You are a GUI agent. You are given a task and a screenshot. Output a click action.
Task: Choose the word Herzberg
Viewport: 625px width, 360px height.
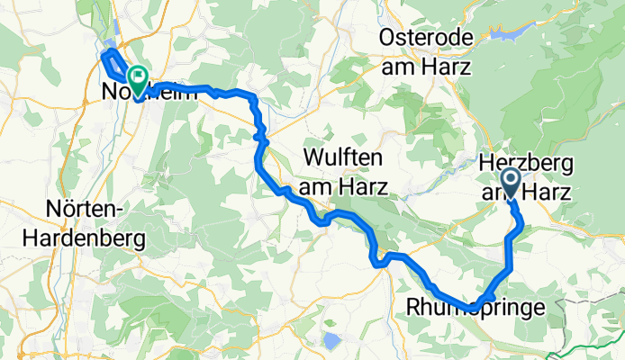coord(524,163)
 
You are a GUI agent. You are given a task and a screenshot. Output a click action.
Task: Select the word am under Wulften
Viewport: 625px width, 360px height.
coord(317,188)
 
